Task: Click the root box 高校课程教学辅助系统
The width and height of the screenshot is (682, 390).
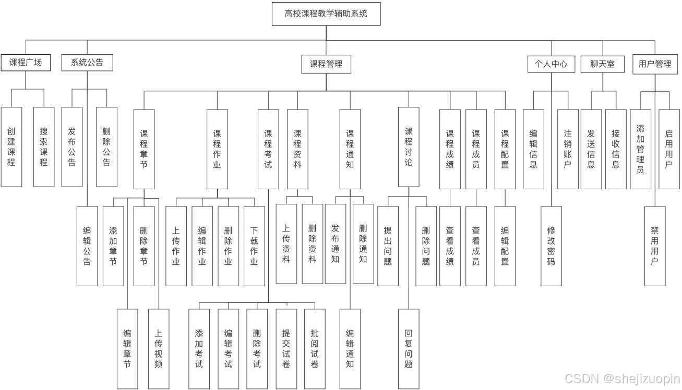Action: [326, 14]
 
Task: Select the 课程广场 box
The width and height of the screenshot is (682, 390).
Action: [26, 63]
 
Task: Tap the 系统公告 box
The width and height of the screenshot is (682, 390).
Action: [87, 63]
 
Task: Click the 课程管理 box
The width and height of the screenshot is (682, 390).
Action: [326, 64]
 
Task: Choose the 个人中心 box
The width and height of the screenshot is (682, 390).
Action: [551, 64]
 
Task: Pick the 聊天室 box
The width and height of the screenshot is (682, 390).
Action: [602, 64]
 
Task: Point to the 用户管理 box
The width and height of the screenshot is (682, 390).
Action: [655, 64]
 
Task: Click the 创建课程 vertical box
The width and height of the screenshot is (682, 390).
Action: [11, 147]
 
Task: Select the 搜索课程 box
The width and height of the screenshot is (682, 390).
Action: [44, 147]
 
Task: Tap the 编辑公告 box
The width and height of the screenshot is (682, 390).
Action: [87, 246]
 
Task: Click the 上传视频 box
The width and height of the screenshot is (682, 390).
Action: [159, 348]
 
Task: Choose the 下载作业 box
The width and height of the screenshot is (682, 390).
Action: [254, 246]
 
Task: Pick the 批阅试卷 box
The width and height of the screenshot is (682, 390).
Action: [314, 348]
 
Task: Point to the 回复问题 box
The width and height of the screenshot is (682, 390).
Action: [409, 348]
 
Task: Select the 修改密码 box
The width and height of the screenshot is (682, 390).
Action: [551, 246]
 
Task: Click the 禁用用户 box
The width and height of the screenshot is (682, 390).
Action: [655, 246]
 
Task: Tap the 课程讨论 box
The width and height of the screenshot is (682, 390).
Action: [409, 147]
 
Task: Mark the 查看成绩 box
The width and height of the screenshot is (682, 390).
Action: [450, 246]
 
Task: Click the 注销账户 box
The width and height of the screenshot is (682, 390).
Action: [568, 149]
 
